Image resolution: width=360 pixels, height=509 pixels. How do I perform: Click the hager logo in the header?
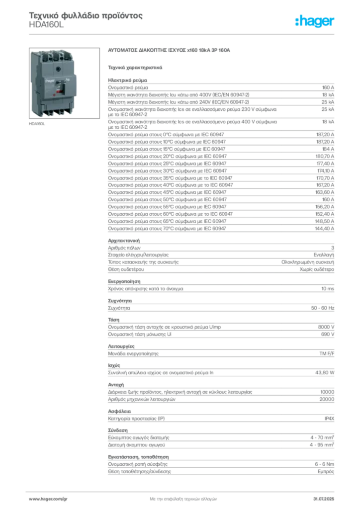point(315,21)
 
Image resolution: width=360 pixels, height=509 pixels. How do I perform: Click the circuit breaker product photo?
point(64,83)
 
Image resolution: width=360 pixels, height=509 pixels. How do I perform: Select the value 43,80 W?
point(325,373)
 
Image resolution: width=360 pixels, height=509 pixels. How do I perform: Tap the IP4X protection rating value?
point(329,419)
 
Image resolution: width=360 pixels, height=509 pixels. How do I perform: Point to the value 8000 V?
point(326,327)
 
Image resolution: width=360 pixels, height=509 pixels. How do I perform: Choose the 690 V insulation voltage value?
point(328,334)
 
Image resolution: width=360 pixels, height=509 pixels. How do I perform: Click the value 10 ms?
point(328,289)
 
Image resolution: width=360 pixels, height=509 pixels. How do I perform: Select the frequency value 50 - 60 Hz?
point(323,308)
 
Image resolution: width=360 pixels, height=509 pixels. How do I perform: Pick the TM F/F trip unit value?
point(327,353)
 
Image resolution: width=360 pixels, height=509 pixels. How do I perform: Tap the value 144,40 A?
point(325,229)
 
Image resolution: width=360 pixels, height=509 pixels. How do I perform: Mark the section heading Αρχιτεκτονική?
point(124,241)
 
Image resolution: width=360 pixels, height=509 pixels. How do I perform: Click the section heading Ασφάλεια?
point(119,411)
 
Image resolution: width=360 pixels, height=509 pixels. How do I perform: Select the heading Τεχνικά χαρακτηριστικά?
point(135,68)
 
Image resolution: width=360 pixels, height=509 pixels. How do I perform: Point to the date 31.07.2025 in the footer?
point(324,499)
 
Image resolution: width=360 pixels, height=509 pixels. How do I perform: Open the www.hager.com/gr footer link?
point(48,499)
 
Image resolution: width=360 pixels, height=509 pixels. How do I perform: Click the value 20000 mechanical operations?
point(327,399)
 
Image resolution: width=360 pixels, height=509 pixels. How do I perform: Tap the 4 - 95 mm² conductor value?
point(322,445)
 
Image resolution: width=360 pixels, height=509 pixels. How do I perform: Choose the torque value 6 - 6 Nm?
point(324,464)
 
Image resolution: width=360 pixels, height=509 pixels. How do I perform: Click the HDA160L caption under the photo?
point(37,124)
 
